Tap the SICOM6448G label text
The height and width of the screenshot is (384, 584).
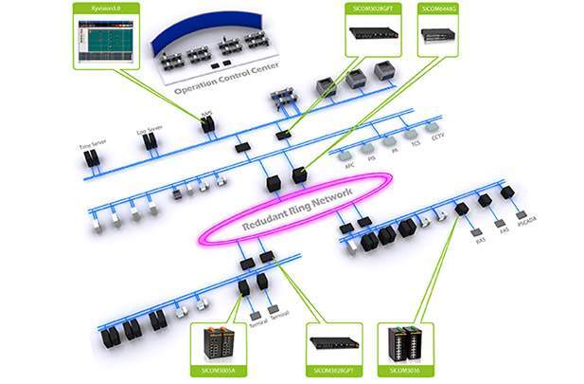438,8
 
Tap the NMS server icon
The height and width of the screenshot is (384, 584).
206,122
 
